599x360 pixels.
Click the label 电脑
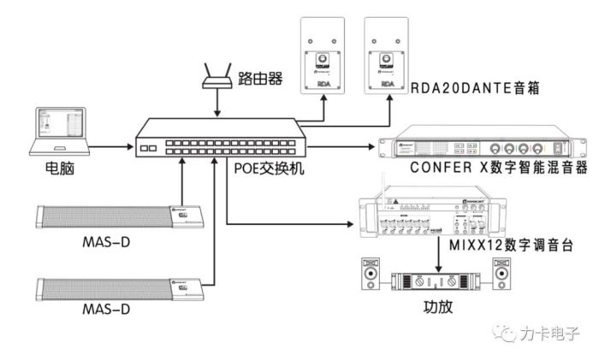click(61, 169)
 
